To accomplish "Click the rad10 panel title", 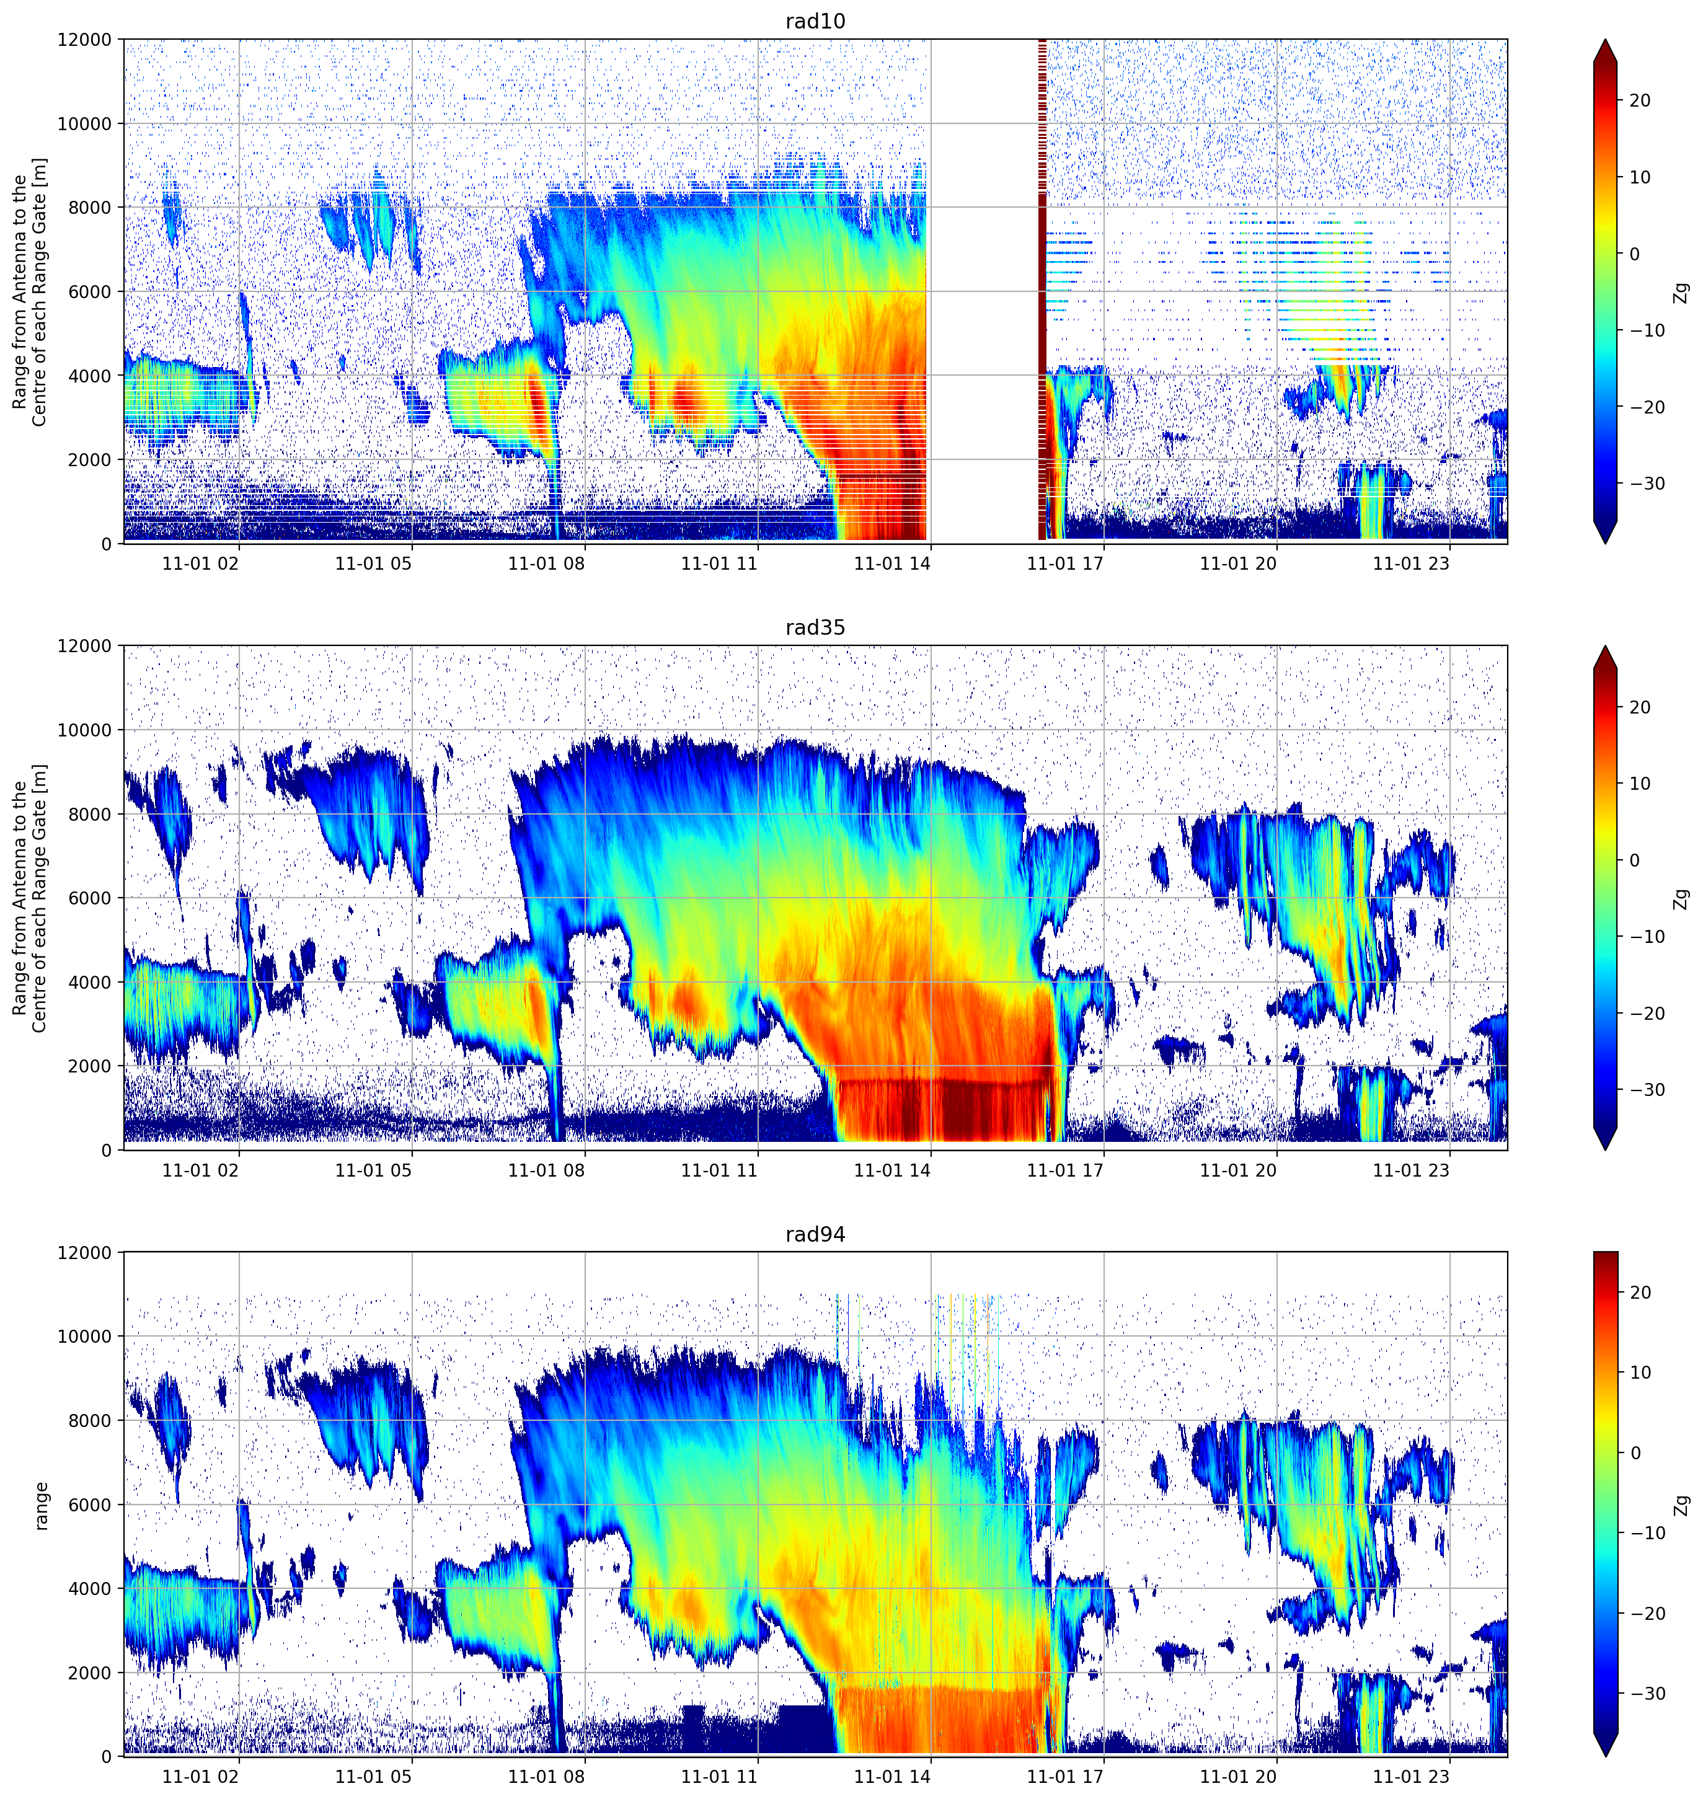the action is pyautogui.click(x=815, y=21).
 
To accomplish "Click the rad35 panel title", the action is pyautogui.click(x=815, y=627).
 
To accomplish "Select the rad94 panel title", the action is pyautogui.click(x=815, y=1234).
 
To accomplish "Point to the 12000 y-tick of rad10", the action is pyautogui.click(x=84, y=40).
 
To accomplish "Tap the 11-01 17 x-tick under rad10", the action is pyautogui.click(x=1065, y=564).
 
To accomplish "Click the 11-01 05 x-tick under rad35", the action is pyautogui.click(x=373, y=1170).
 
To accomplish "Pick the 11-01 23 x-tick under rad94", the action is pyautogui.click(x=1411, y=1777).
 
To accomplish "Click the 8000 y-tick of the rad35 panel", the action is pyautogui.click(x=90, y=814).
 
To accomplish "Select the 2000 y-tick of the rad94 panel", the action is pyautogui.click(x=90, y=1673).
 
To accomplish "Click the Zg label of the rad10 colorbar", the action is pyautogui.click(x=1682, y=292).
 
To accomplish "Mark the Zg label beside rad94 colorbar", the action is pyautogui.click(x=1682, y=1506).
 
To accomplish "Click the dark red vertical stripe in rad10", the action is pyautogui.click(x=1042, y=291).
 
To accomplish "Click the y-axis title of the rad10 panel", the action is pyautogui.click(x=30, y=292).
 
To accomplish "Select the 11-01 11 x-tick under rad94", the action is pyautogui.click(x=719, y=1777).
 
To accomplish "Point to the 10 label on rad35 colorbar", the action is pyautogui.click(x=1639, y=784).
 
